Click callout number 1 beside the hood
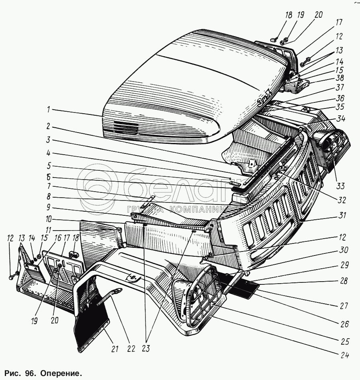(49, 109)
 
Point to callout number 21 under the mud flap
(115, 349)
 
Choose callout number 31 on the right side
(342, 215)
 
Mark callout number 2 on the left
(48, 126)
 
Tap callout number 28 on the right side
(342, 281)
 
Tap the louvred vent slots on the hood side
(125, 128)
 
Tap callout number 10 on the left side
(49, 220)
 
